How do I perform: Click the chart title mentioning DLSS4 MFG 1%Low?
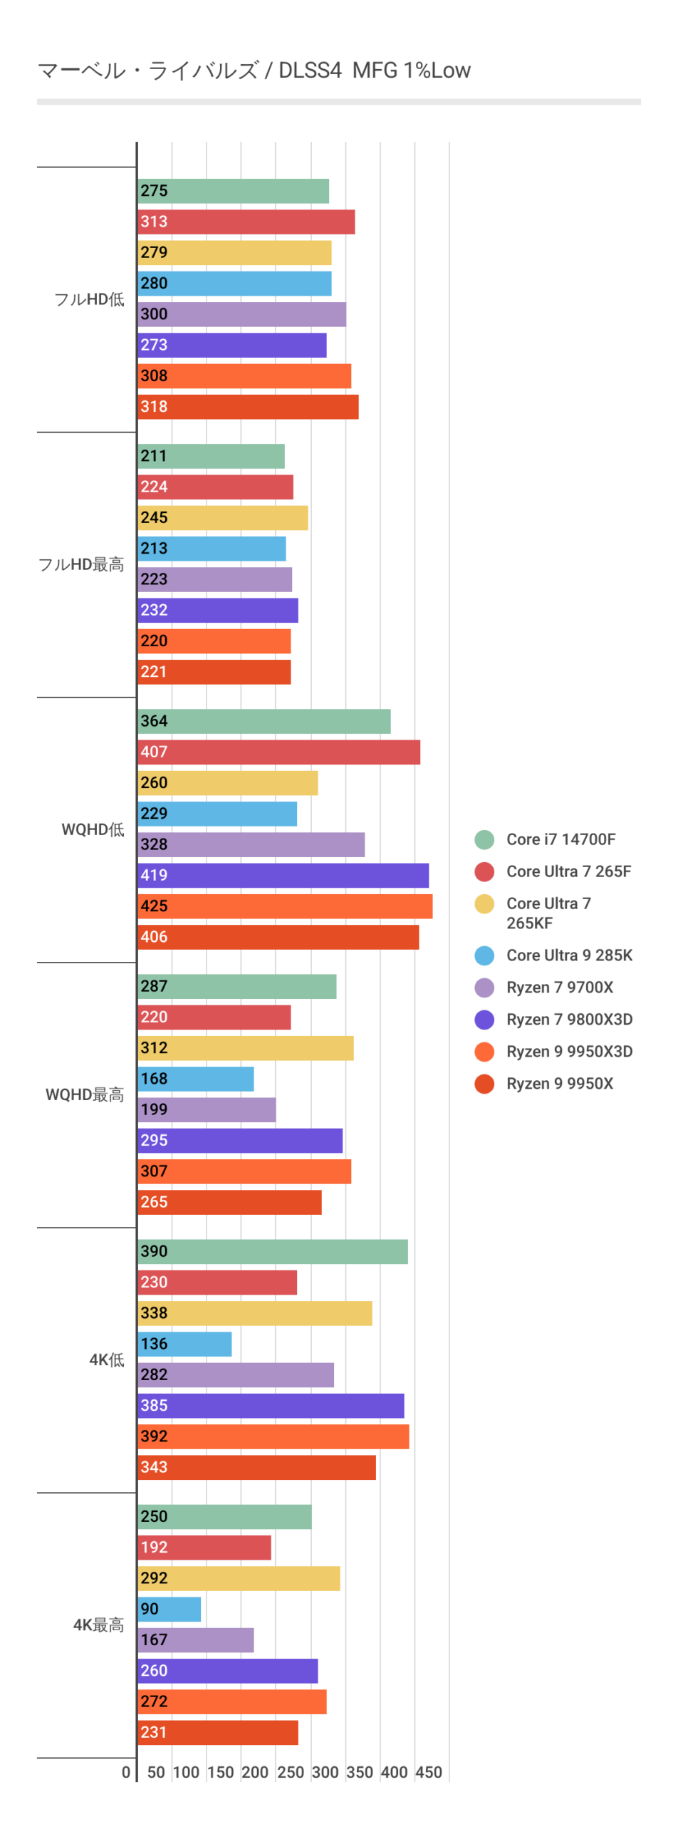[254, 71]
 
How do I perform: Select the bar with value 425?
[285, 906]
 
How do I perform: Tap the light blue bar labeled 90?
[169, 1609]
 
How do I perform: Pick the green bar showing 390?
[272, 1251]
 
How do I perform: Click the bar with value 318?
[248, 407]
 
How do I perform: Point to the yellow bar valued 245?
[222, 518]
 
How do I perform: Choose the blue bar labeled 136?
[184, 1344]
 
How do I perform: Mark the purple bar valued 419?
[283, 875]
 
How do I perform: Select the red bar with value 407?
[278, 752]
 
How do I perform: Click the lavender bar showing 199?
[207, 1109]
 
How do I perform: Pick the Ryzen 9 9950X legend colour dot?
[484, 1084]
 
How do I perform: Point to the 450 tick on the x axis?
[429, 1772]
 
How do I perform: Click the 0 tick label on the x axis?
[126, 1772]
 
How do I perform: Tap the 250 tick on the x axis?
[290, 1772]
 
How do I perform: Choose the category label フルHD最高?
[81, 564]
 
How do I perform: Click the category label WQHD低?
[93, 829]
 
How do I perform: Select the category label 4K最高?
[98, 1624]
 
